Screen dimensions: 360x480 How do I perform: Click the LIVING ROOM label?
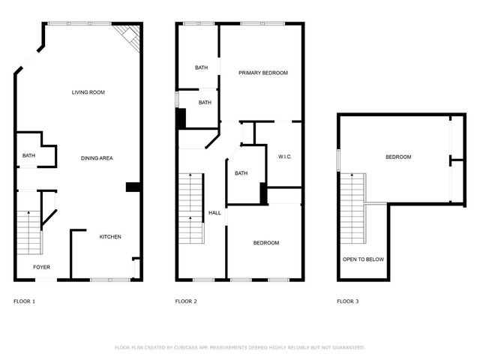88,92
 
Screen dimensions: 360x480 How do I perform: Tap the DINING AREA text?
97,158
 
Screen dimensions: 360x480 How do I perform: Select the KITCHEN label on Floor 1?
110,237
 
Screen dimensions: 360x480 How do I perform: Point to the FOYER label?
41,267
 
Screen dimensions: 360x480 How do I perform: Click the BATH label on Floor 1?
28,156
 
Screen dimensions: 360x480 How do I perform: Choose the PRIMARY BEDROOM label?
263,73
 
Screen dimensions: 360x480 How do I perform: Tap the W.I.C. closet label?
284,157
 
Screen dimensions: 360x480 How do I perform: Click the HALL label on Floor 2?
214,213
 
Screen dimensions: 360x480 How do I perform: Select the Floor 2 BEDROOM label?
265,243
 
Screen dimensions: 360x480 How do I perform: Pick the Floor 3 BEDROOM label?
398,157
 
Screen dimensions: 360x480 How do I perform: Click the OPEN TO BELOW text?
363,259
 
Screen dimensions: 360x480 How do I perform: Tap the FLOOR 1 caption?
24,301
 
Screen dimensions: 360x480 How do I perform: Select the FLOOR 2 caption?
186,301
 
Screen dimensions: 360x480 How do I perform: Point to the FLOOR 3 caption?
347,301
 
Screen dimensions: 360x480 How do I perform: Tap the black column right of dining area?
133,187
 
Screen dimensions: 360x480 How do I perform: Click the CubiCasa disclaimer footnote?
239,347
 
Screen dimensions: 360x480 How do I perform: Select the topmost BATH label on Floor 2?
201,67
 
